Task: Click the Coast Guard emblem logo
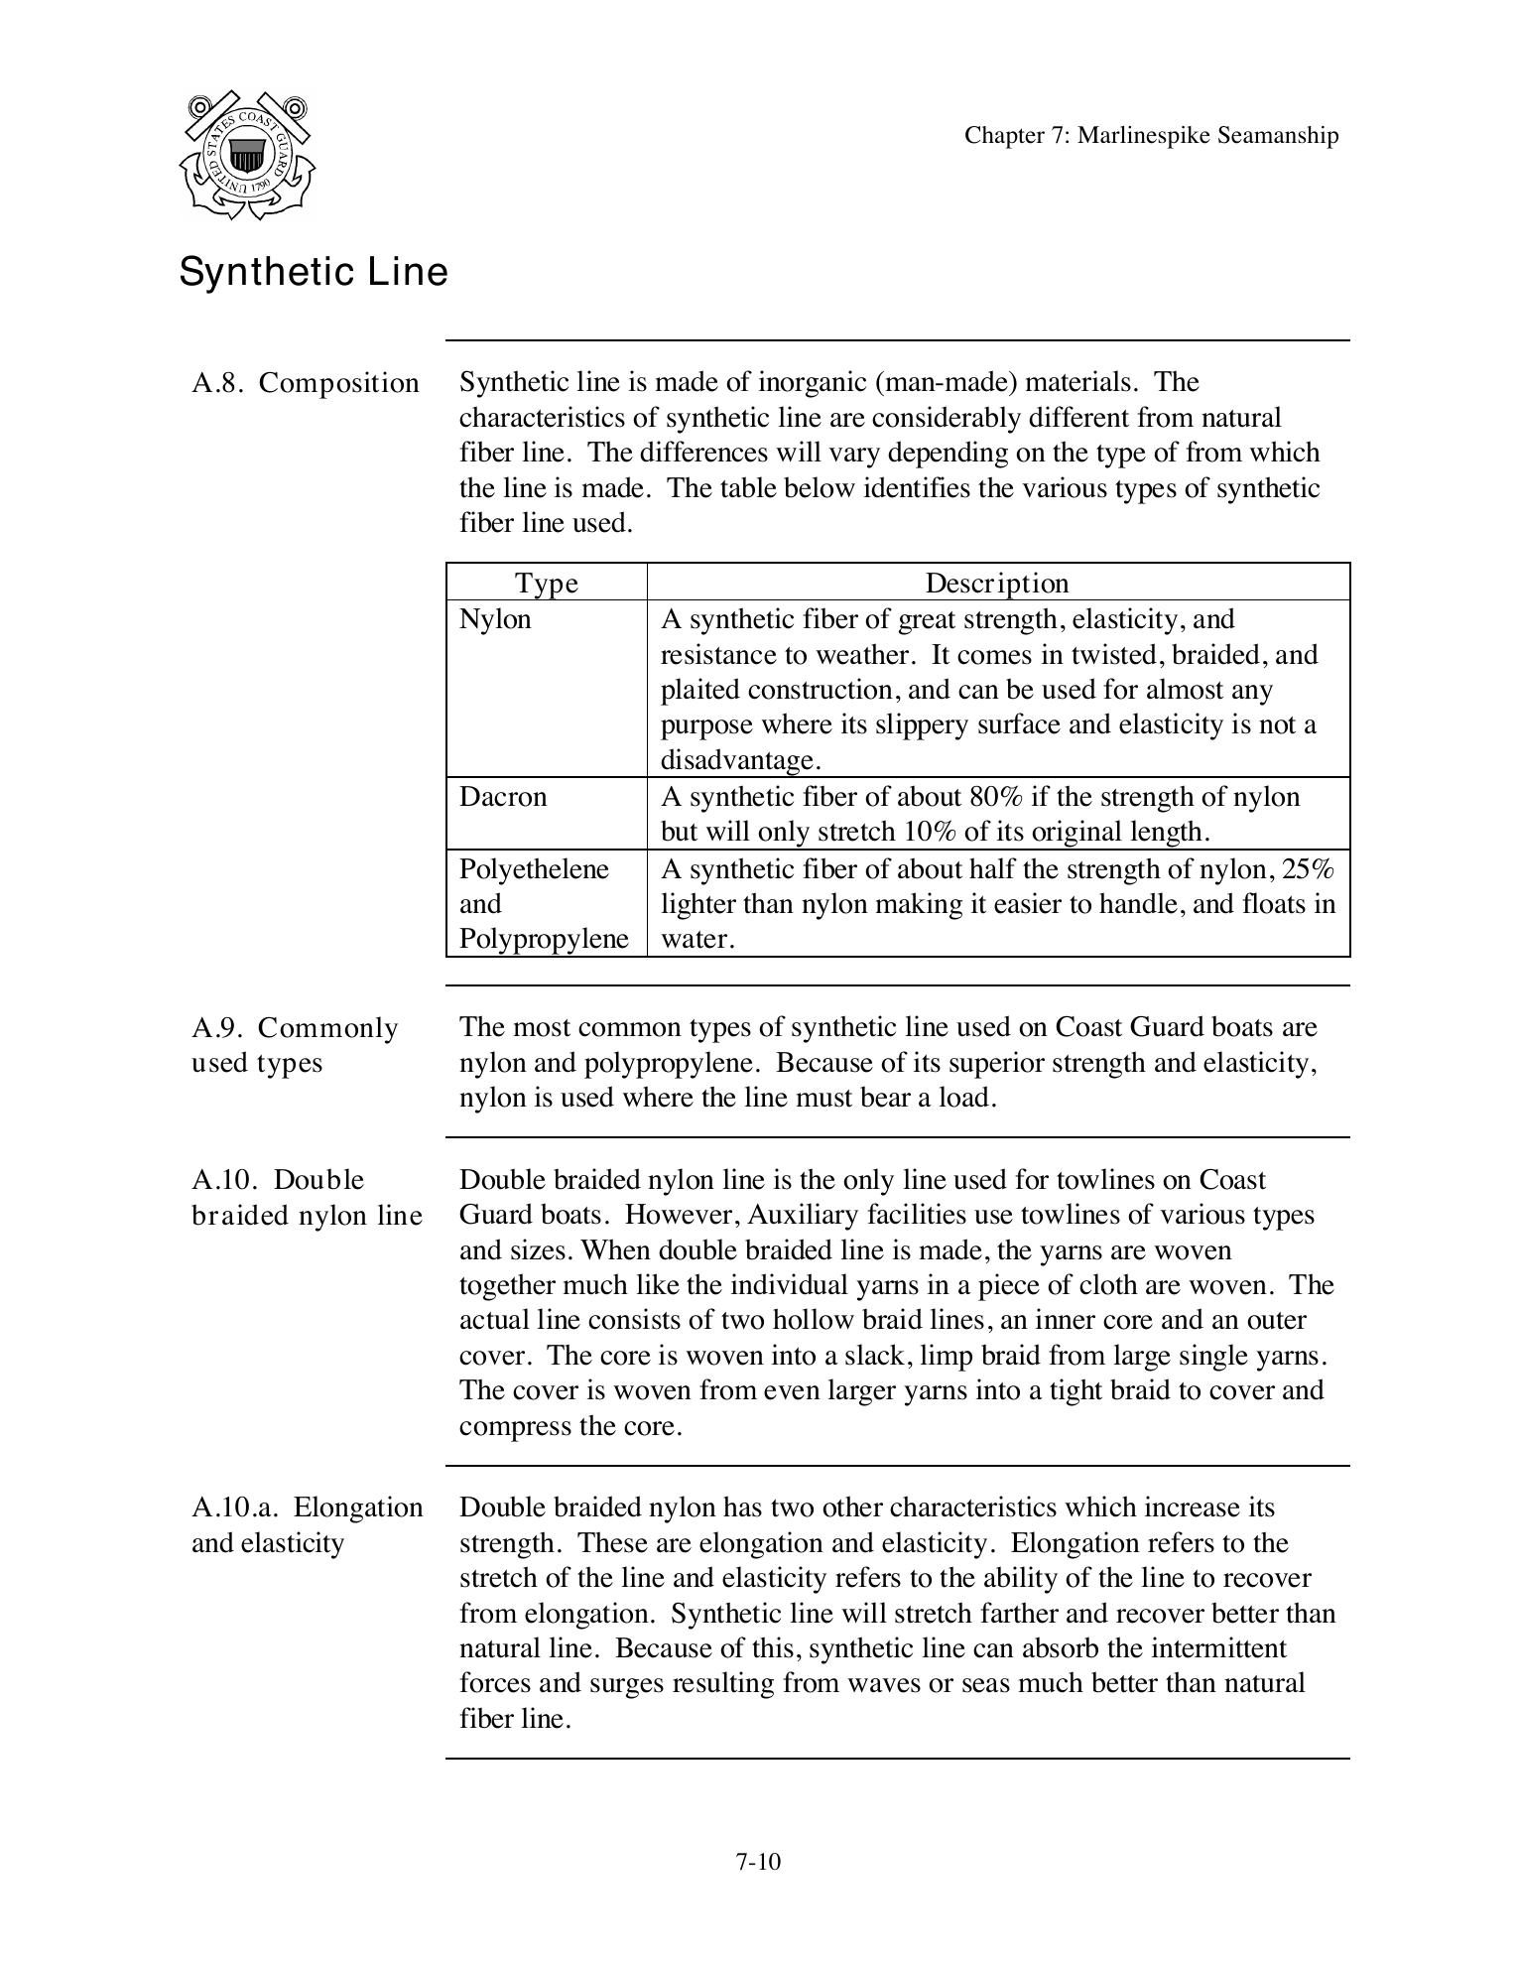click(247, 155)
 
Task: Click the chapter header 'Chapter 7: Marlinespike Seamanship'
click(1151, 136)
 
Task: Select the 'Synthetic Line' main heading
click(314, 272)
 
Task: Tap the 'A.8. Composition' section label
click(306, 383)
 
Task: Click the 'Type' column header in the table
click(547, 584)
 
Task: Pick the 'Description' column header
click(997, 584)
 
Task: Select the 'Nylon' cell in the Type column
click(495, 619)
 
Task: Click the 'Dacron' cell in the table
click(502, 797)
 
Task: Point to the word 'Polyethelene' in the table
click(534, 869)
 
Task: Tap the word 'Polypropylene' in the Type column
click(544, 939)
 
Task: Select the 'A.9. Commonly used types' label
click(295, 1045)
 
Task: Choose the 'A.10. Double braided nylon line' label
click(307, 1198)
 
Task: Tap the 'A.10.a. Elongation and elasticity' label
click(307, 1525)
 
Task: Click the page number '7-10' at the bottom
click(758, 1862)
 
